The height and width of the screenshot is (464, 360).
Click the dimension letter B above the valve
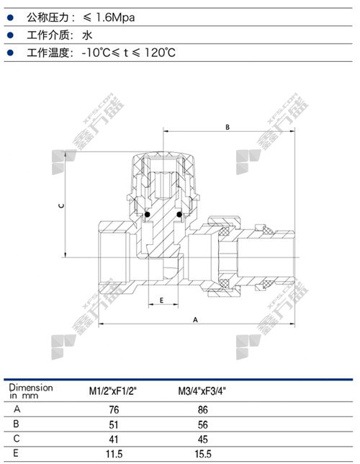[x=228, y=127]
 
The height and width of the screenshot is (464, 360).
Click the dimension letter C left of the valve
[x=61, y=205]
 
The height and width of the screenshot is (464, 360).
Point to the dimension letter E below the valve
[x=161, y=300]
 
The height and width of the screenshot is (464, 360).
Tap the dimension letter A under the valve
[x=195, y=320]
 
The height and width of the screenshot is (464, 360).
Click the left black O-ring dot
[x=147, y=214]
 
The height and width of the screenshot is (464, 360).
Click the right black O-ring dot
[x=179, y=214]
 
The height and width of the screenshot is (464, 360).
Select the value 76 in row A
[x=114, y=410]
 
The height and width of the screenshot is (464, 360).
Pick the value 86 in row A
[x=203, y=410]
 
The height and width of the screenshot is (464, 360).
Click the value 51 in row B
[x=114, y=425]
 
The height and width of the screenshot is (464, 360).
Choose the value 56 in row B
[x=203, y=425]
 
